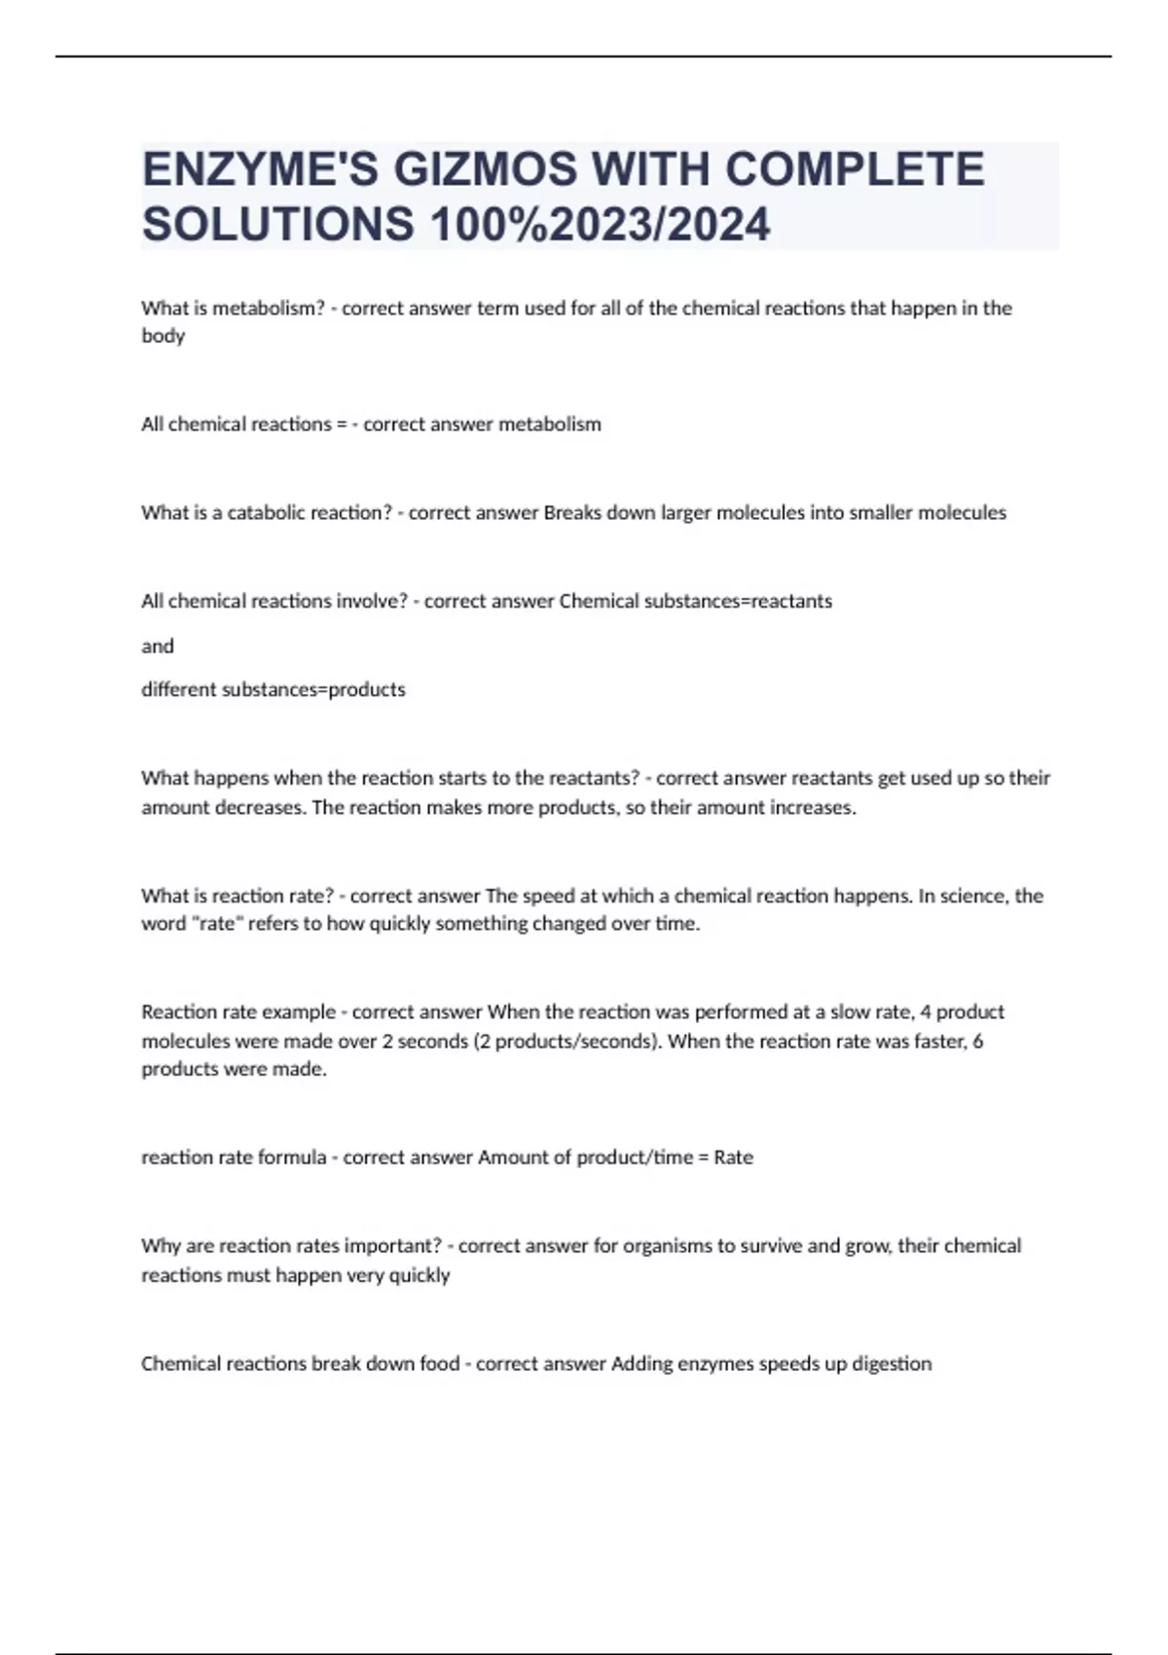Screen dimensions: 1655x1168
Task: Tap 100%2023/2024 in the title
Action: tap(601, 225)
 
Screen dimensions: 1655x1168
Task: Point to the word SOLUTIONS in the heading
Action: tap(278, 225)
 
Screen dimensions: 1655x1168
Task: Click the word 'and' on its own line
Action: tap(158, 645)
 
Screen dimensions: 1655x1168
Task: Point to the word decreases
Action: tap(263, 807)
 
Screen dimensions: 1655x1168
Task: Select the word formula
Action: tap(290, 1158)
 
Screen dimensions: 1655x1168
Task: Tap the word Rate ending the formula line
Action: tap(733, 1158)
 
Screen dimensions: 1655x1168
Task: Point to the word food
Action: tap(440, 1363)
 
